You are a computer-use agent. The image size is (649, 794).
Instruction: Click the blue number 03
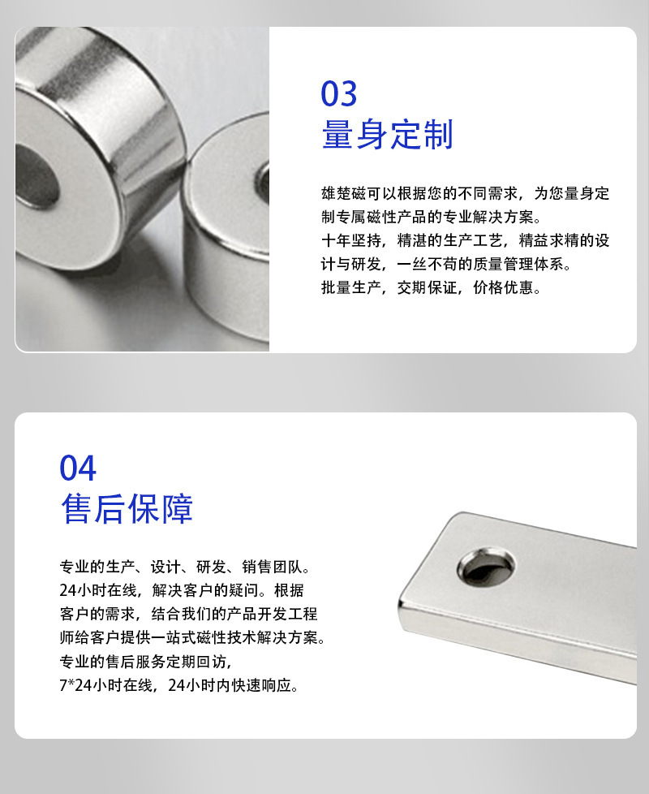pyautogui.click(x=339, y=94)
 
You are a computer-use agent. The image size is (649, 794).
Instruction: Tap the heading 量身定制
pyautogui.click(x=387, y=135)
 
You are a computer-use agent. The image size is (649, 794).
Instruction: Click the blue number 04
pyautogui.click(x=78, y=468)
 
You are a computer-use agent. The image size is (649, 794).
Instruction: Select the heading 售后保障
pyautogui.click(x=127, y=510)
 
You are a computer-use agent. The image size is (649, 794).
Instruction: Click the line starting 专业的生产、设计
pyautogui.click(x=185, y=566)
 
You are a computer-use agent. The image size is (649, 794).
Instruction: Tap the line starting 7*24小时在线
pyautogui.click(x=179, y=685)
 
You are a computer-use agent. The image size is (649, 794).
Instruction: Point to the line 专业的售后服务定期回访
pyautogui.click(x=147, y=662)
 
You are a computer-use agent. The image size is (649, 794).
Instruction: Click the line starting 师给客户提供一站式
pyautogui.click(x=192, y=637)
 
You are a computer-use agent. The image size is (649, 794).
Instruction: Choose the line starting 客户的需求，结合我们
pyautogui.click(x=188, y=614)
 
